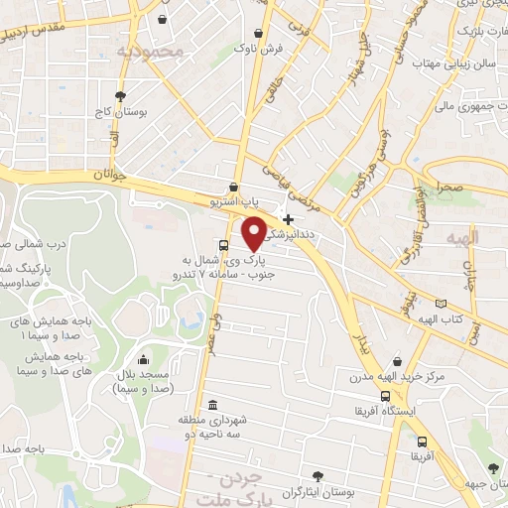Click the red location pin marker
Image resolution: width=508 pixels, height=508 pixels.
(254, 232)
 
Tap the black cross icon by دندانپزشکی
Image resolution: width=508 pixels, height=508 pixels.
(289, 219)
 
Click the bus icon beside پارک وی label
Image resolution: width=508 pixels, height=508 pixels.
(223, 245)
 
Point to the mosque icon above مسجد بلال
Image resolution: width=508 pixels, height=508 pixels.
(145, 359)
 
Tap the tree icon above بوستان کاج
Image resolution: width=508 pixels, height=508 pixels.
(121, 96)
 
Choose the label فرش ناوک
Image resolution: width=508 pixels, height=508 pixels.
(265, 48)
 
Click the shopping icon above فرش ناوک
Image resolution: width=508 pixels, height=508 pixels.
(260, 30)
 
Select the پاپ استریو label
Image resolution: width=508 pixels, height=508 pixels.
(216, 201)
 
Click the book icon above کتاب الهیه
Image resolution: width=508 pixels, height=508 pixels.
(441, 302)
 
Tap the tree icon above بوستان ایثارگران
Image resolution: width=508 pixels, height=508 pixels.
(317, 476)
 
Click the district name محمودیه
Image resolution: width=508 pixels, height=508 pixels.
(150, 51)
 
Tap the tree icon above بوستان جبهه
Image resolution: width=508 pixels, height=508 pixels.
(494, 467)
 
